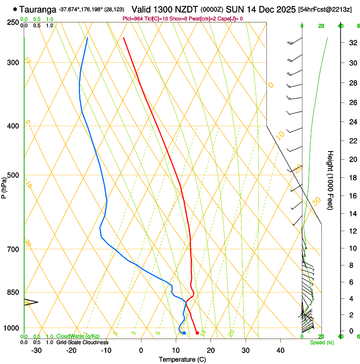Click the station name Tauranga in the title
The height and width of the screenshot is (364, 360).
[x=38, y=9]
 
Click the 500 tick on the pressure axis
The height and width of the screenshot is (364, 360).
[x=14, y=175]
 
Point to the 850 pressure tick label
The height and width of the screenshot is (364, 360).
[x=14, y=292]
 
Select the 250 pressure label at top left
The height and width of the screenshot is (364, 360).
[x=14, y=22]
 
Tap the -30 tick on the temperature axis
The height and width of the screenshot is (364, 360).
[x=36, y=350]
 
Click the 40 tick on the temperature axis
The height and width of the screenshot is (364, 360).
[x=280, y=350]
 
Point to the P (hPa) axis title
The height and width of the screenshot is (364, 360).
[x=4, y=187]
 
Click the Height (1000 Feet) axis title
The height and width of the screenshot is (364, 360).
[x=330, y=180]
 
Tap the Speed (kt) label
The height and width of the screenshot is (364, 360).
[x=322, y=342]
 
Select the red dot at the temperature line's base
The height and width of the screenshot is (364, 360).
[x=197, y=333]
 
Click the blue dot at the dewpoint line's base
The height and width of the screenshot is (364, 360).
[x=184, y=333]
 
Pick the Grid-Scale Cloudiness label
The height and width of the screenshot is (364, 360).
[x=82, y=342]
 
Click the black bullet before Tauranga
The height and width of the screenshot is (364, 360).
[x=15, y=9]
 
